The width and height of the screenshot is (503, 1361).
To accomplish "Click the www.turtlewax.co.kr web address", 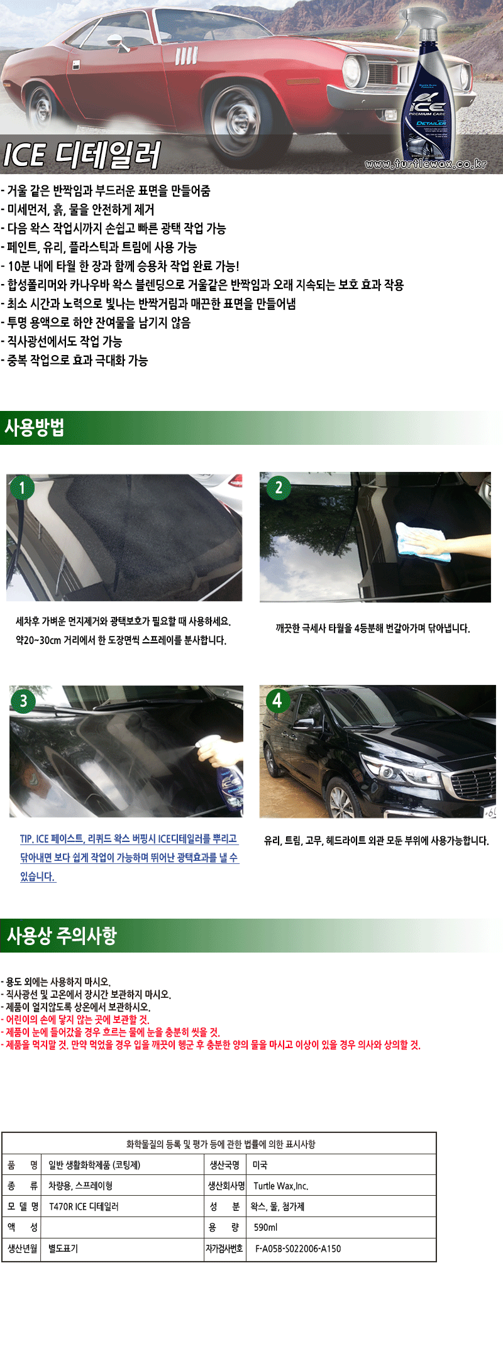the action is (426, 164).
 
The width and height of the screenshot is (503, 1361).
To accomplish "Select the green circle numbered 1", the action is (22, 488).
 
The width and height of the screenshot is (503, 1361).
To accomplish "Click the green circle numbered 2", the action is (279, 488).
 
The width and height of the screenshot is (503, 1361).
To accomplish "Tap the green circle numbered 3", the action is (23, 701).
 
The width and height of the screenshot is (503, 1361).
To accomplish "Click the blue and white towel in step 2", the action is (422, 541).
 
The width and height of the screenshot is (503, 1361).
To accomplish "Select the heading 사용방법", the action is (35, 428).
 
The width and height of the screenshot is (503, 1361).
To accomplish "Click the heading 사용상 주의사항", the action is (62, 936).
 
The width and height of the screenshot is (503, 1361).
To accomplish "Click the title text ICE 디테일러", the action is (82, 155).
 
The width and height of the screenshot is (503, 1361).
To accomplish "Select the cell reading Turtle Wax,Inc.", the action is (280, 1186).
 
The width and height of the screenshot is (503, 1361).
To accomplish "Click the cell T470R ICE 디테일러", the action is (84, 1206).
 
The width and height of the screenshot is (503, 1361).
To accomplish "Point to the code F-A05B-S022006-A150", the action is (298, 1249).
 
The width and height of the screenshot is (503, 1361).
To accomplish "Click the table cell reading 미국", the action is (260, 1165).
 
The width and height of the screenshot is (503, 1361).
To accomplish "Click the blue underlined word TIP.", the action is (26, 839).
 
